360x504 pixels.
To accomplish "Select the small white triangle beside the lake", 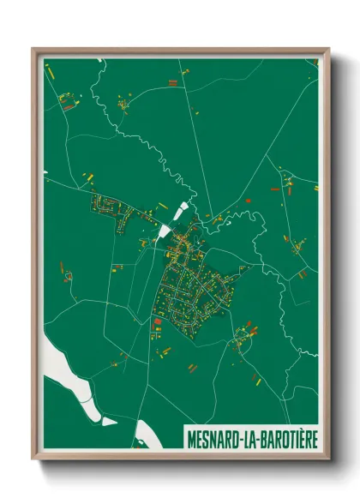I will pyautogui.click(x=108, y=421).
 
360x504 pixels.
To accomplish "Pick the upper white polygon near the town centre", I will pyautogui.click(x=183, y=210).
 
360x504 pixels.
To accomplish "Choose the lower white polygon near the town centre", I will pyautogui.click(x=164, y=230).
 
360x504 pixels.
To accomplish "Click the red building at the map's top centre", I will pyautogui.click(x=172, y=83).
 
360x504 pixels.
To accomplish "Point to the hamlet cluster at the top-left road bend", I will pyautogui.click(x=66, y=102).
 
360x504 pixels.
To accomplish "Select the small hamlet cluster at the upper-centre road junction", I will pyautogui.click(x=123, y=106).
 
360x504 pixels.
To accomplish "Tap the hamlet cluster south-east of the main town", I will pyautogui.click(x=239, y=344).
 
